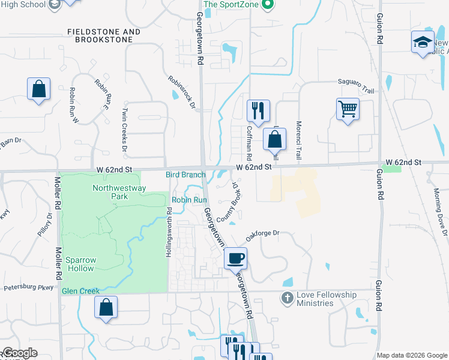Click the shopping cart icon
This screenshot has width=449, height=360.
348,109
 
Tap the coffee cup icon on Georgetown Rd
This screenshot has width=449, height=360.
236,257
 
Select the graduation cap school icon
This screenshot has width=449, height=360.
423,42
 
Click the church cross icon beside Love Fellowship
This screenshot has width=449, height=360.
288,298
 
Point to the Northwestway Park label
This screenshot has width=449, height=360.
110,192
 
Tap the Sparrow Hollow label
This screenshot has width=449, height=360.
80,263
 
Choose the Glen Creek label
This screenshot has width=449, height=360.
80,291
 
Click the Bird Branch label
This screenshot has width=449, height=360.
185,175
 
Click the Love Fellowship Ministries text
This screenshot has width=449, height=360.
326,299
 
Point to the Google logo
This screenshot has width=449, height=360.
19,353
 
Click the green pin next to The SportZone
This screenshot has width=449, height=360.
269,5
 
